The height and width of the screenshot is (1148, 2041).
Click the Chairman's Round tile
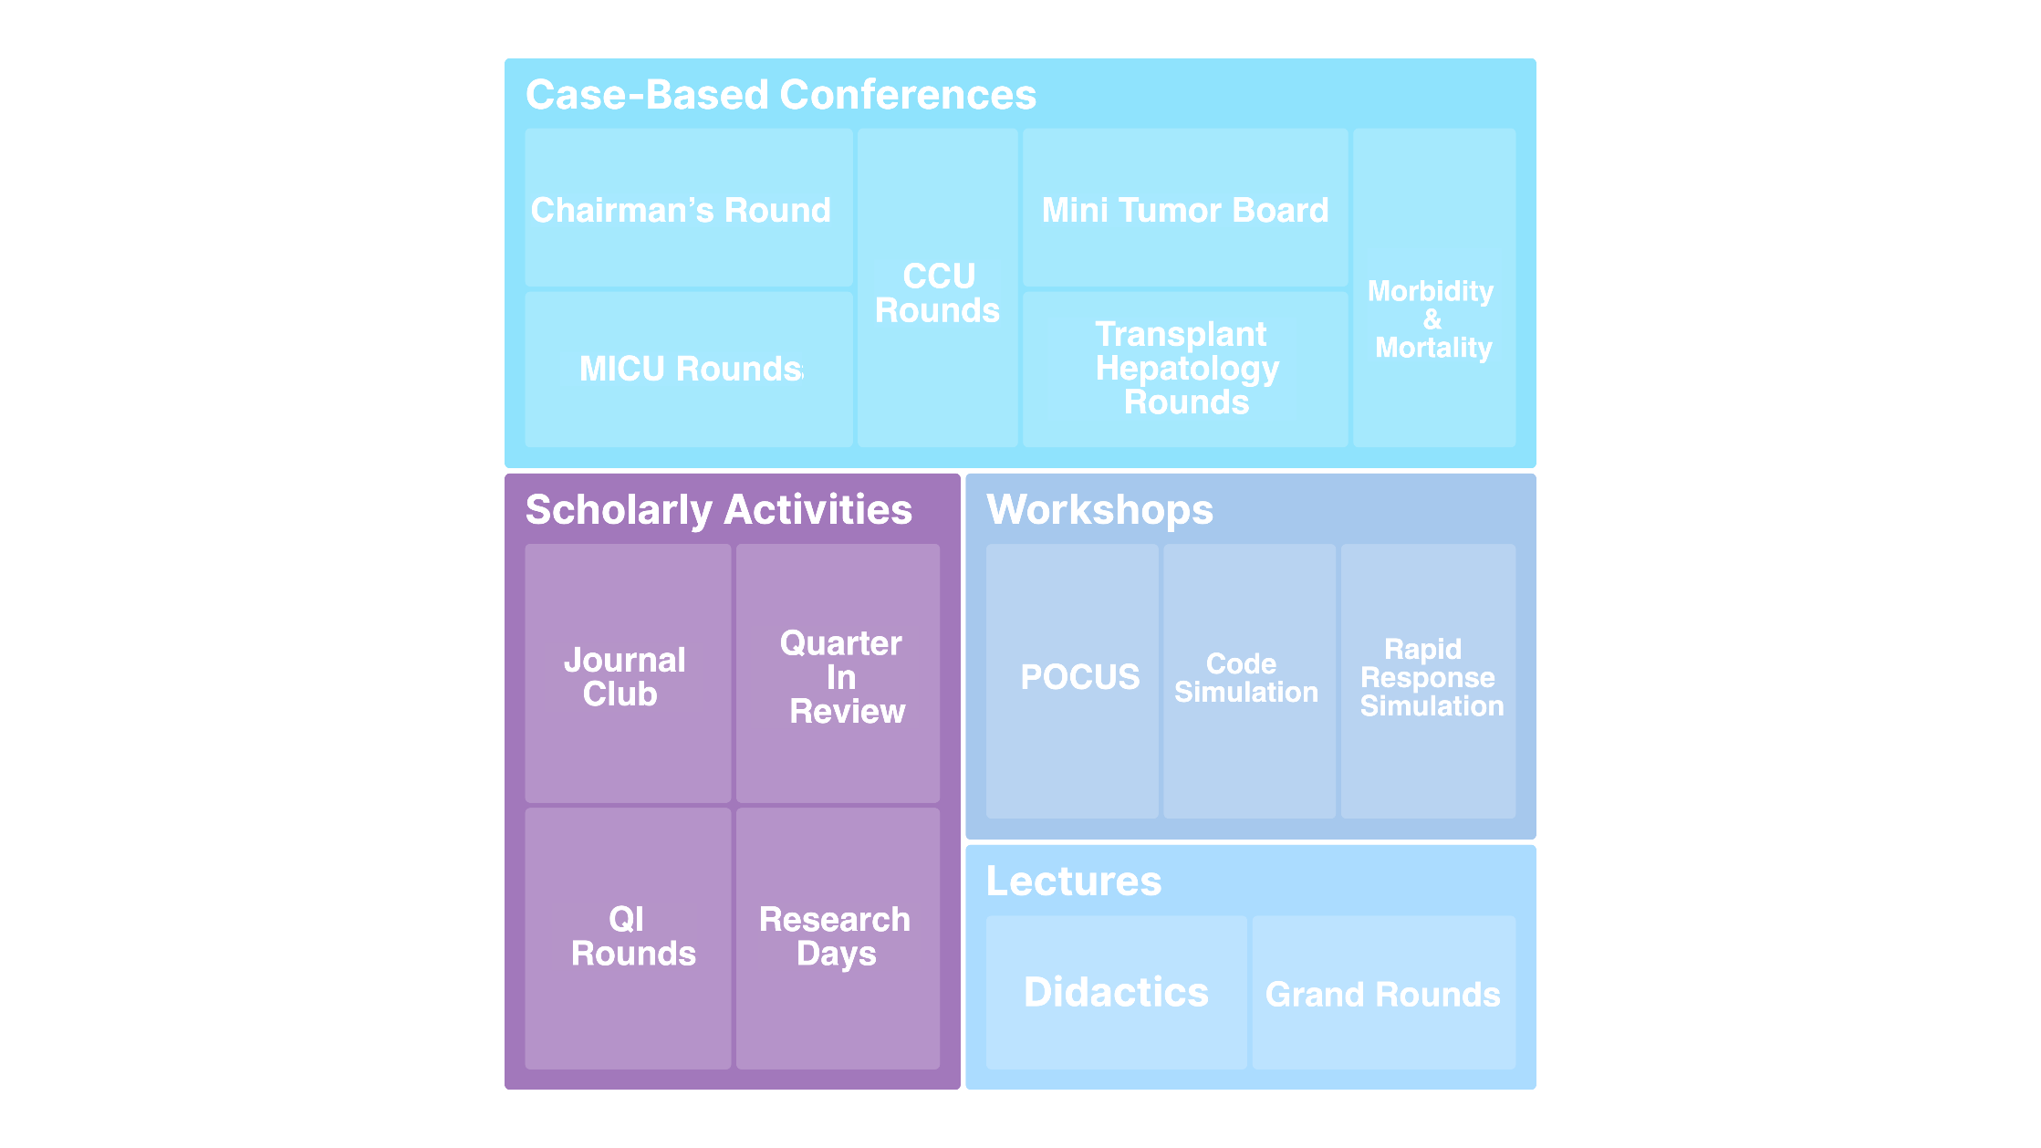coord(688,209)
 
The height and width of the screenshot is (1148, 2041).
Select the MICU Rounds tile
coord(688,369)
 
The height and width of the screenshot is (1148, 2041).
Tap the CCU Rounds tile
coord(937,292)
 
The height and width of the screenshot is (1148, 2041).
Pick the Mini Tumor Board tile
coord(1184,209)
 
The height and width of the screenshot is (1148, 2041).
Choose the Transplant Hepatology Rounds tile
coord(1184,369)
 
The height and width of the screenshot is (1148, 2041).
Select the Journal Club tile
coord(627,676)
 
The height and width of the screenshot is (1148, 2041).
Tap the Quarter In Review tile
coord(838,676)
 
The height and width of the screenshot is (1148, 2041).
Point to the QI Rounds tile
coord(627,936)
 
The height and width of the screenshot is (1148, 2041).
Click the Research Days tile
coord(838,936)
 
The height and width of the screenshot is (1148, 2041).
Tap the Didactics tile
coord(1116,992)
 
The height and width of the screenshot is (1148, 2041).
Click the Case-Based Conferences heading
coord(781,95)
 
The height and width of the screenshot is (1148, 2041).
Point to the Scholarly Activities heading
coord(719,509)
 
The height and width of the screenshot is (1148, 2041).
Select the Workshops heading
coord(1099,509)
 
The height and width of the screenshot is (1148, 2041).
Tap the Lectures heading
coord(1074,881)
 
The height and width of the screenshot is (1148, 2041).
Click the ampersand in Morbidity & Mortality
coord(1432,319)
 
